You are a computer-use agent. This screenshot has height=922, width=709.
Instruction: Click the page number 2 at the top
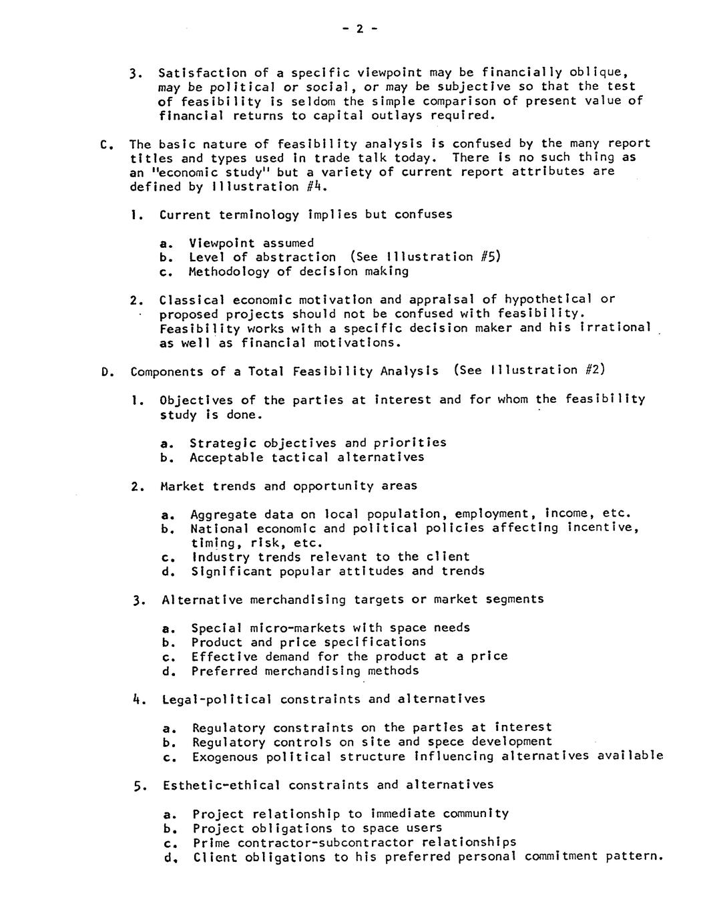point(359,29)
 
